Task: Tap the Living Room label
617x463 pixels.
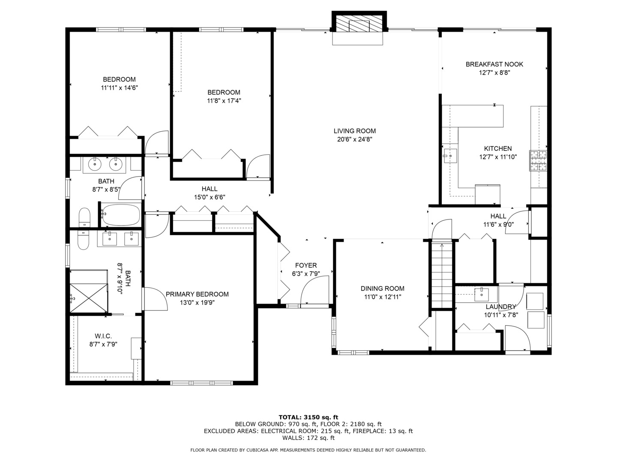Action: coord(354,131)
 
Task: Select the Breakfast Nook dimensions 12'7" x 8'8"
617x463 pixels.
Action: coord(494,73)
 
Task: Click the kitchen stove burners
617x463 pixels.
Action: coord(538,161)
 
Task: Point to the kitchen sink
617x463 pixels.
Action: coord(450,156)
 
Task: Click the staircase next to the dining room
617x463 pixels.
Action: coord(442,275)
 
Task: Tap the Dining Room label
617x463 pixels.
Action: coord(382,289)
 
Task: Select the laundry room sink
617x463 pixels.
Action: coord(482,295)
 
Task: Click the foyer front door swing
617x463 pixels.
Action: coord(314,290)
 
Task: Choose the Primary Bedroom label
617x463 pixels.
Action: coord(197,295)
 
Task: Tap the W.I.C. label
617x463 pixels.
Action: coord(103,336)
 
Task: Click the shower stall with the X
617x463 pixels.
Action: coord(89,298)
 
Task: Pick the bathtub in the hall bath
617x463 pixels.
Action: coord(120,215)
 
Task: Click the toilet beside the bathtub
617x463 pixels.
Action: coord(84,217)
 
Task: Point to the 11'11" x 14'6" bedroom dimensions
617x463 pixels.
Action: coord(119,88)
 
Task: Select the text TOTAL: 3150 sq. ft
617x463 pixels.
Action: coord(308,417)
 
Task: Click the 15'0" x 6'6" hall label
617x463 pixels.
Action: coord(210,197)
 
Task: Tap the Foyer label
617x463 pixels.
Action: coord(306,265)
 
